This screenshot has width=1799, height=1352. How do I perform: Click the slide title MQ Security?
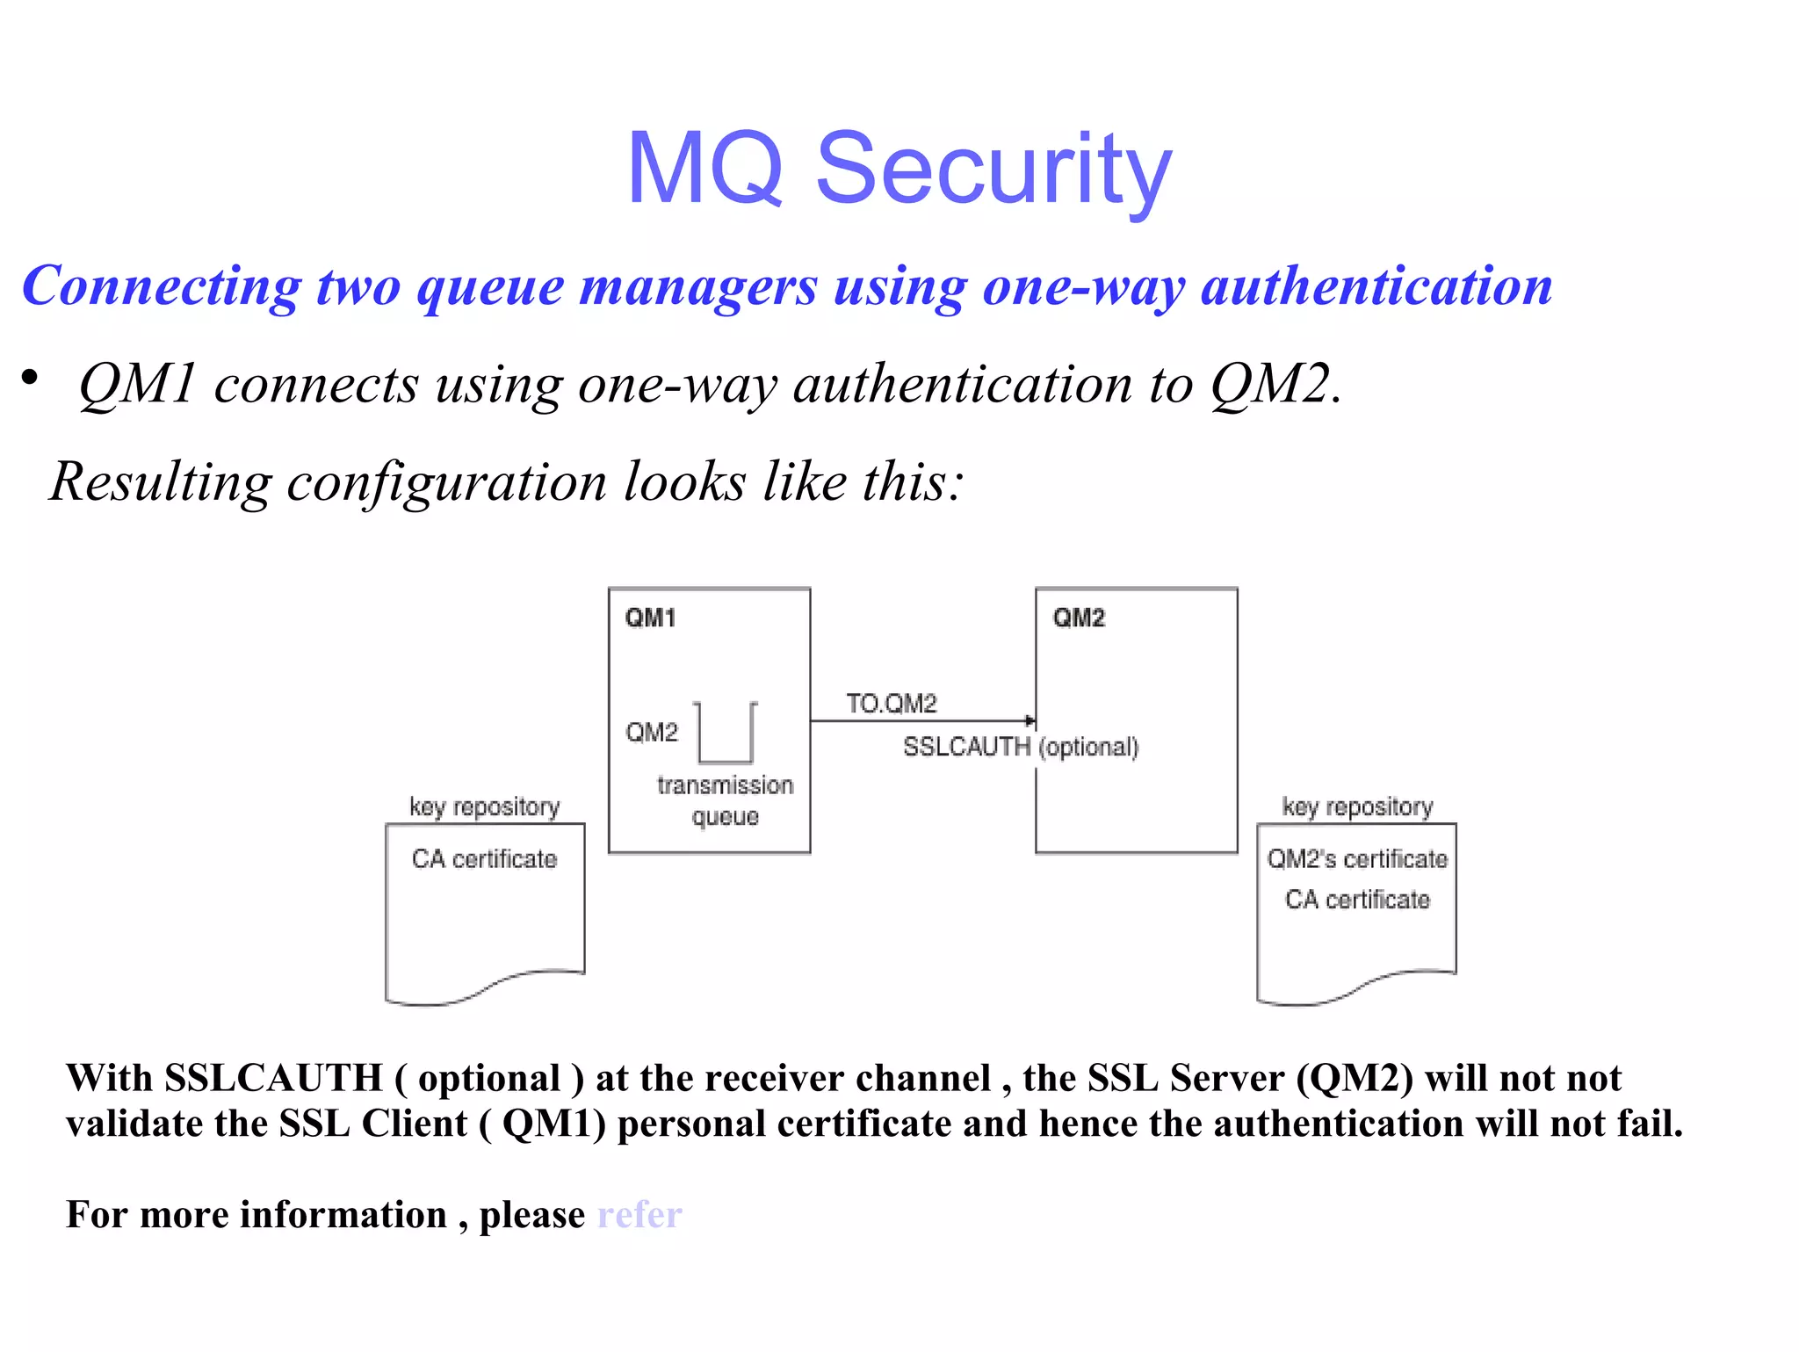pos(899,168)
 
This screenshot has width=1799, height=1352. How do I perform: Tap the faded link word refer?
pos(639,1215)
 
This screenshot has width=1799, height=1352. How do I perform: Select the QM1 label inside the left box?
pos(650,618)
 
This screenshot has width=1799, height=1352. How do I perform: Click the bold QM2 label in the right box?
pos(1079,618)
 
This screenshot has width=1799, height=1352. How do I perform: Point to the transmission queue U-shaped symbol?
pos(726,734)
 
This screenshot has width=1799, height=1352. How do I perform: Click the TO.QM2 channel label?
pos(892,703)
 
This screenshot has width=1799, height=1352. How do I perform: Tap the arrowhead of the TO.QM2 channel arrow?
pos(1030,720)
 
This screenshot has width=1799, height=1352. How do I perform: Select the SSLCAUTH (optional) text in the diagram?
pos(1021,747)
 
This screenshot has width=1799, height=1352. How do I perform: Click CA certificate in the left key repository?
pos(484,858)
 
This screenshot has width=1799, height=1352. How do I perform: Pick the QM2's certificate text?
pos(1357,858)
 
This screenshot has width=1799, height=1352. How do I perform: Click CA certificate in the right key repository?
pos(1357,900)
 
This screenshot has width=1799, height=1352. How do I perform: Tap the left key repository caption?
pos(484,806)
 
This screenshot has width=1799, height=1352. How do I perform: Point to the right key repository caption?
pos(1357,806)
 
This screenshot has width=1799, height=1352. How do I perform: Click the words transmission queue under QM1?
pos(725,799)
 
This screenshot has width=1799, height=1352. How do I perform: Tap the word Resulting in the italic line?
pos(161,481)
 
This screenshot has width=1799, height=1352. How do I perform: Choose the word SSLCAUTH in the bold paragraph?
pos(273,1078)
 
